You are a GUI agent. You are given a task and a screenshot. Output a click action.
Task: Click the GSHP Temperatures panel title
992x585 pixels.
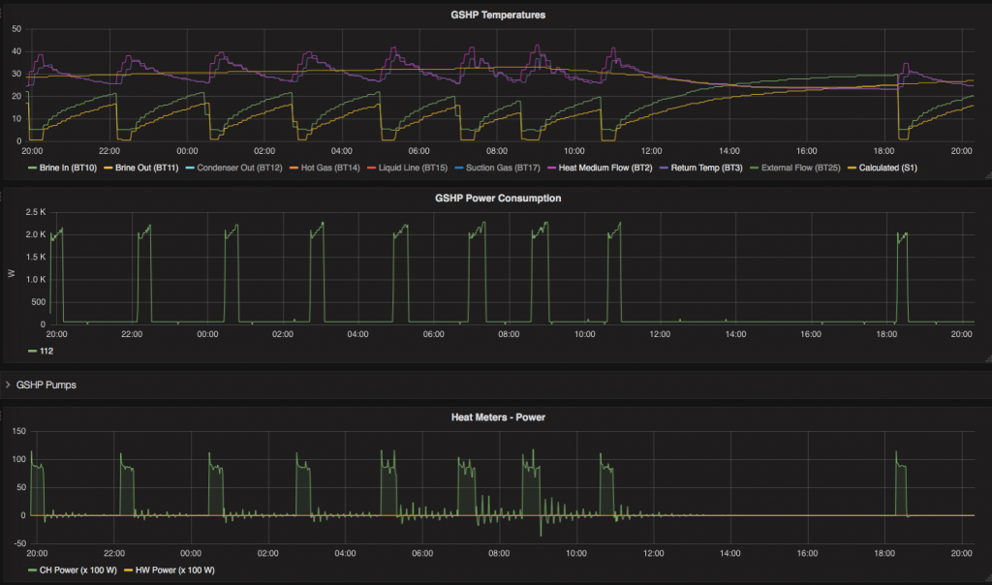[x=497, y=15]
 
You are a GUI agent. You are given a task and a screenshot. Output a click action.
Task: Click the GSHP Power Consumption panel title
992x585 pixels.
[x=497, y=198]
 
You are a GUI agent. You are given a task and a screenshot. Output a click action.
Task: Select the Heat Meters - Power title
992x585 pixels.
[x=497, y=417]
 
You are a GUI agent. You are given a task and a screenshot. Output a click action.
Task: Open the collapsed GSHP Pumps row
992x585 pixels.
[x=46, y=385]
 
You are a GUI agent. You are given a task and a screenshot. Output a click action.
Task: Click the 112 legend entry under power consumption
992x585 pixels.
[x=46, y=351]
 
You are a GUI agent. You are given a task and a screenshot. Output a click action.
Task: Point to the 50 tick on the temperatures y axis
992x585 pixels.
[x=15, y=28]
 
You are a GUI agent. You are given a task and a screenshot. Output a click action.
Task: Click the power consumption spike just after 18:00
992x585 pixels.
[x=903, y=276]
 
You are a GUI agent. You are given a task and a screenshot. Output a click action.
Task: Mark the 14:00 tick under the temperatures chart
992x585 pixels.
[x=728, y=151]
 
